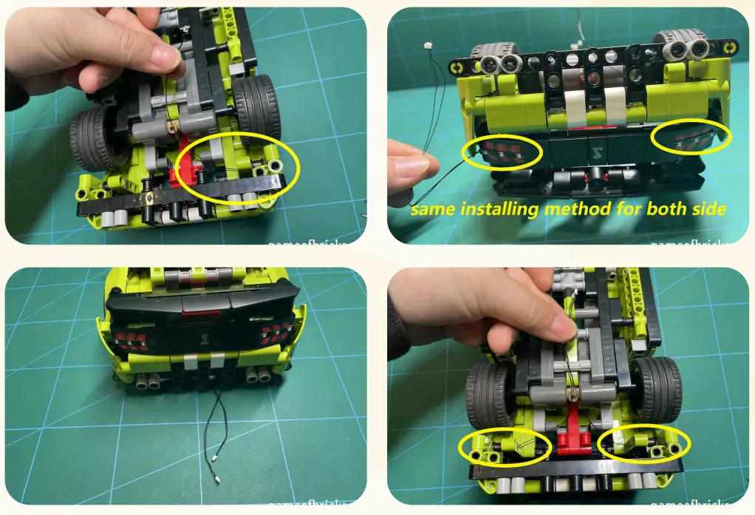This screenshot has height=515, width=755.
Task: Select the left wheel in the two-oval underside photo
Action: click(x=488, y=398)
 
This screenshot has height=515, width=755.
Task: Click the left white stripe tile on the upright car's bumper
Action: click(x=190, y=362)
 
